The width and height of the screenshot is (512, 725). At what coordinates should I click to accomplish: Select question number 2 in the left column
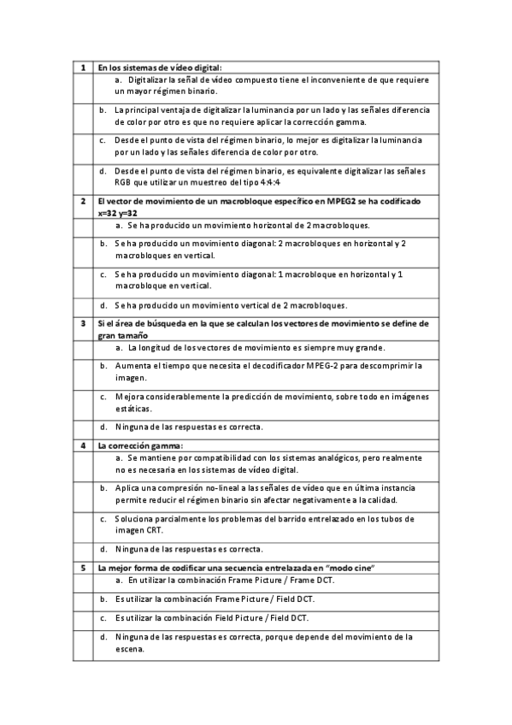coord(82,201)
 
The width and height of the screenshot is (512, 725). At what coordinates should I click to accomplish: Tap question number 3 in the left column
coord(82,323)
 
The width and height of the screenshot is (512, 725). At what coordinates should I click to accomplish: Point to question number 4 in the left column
coord(82,445)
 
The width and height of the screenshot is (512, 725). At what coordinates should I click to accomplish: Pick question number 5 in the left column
coord(82,568)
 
